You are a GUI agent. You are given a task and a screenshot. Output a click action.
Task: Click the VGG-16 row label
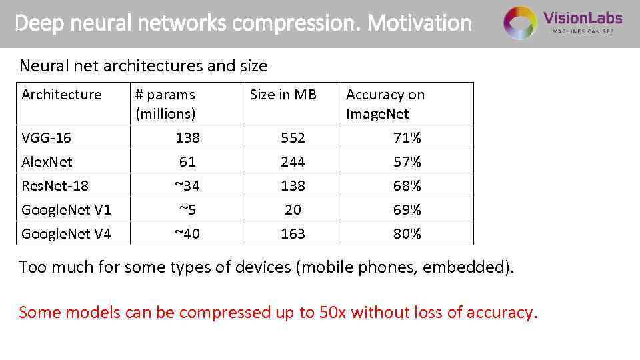(46, 138)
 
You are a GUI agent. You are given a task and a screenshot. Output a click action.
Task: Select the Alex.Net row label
(47, 162)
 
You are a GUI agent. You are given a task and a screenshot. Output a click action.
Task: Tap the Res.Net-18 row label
(55, 186)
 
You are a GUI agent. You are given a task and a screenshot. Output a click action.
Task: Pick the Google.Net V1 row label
(66, 210)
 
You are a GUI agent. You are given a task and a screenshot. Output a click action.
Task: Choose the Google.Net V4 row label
(66, 234)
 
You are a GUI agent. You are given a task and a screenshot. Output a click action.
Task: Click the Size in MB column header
(283, 95)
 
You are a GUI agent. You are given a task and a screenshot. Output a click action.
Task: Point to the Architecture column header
(61, 95)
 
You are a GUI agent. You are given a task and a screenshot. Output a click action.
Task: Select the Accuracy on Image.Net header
(385, 104)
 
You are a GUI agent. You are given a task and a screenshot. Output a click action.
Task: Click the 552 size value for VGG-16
(293, 138)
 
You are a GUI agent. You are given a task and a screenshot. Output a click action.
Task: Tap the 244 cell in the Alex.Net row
(293, 162)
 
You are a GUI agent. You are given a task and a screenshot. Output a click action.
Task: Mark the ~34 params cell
(187, 186)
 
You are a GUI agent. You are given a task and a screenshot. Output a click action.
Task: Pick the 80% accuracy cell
(407, 234)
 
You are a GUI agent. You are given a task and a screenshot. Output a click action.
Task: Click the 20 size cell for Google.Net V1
(293, 210)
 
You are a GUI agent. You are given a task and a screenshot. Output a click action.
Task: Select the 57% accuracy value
(407, 162)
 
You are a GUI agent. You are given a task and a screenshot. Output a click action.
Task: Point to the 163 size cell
(293, 234)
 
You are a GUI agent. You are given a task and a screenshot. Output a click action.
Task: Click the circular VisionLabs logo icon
(520, 23)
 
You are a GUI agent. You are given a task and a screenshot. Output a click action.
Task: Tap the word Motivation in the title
(419, 23)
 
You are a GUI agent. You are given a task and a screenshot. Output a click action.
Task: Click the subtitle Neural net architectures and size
(143, 66)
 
